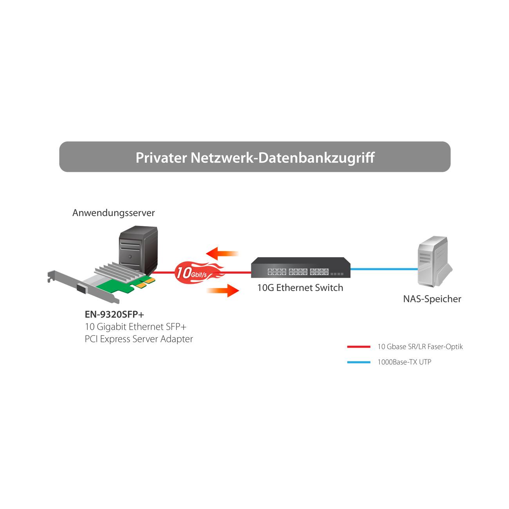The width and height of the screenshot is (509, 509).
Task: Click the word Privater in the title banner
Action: pos(161,157)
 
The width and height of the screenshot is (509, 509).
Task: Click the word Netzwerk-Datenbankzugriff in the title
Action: pos(282,157)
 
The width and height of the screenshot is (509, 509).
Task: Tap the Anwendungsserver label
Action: pos(114,213)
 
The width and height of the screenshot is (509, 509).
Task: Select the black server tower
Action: pos(138,249)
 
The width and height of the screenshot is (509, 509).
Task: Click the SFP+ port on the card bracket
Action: pos(83,288)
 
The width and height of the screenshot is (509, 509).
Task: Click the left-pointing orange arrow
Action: pos(222,254)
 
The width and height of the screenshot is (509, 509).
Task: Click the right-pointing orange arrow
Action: pos(223,291)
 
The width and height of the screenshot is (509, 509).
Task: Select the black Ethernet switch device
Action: pos(300,268)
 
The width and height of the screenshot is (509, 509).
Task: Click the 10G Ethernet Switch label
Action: pos(300,288)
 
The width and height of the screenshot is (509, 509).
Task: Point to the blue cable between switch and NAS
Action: pos(384,269)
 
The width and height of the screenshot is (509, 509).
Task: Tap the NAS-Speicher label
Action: pos(432,299)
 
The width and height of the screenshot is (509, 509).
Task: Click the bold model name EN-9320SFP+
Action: pos(114,314)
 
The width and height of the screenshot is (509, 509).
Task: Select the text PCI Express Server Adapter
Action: pos(139,339)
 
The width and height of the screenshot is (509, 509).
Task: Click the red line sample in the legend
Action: pos(358,347)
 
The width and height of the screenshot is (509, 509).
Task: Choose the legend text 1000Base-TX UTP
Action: pos(404,362)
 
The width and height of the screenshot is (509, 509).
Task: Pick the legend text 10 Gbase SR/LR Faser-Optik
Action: pos(420,347)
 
